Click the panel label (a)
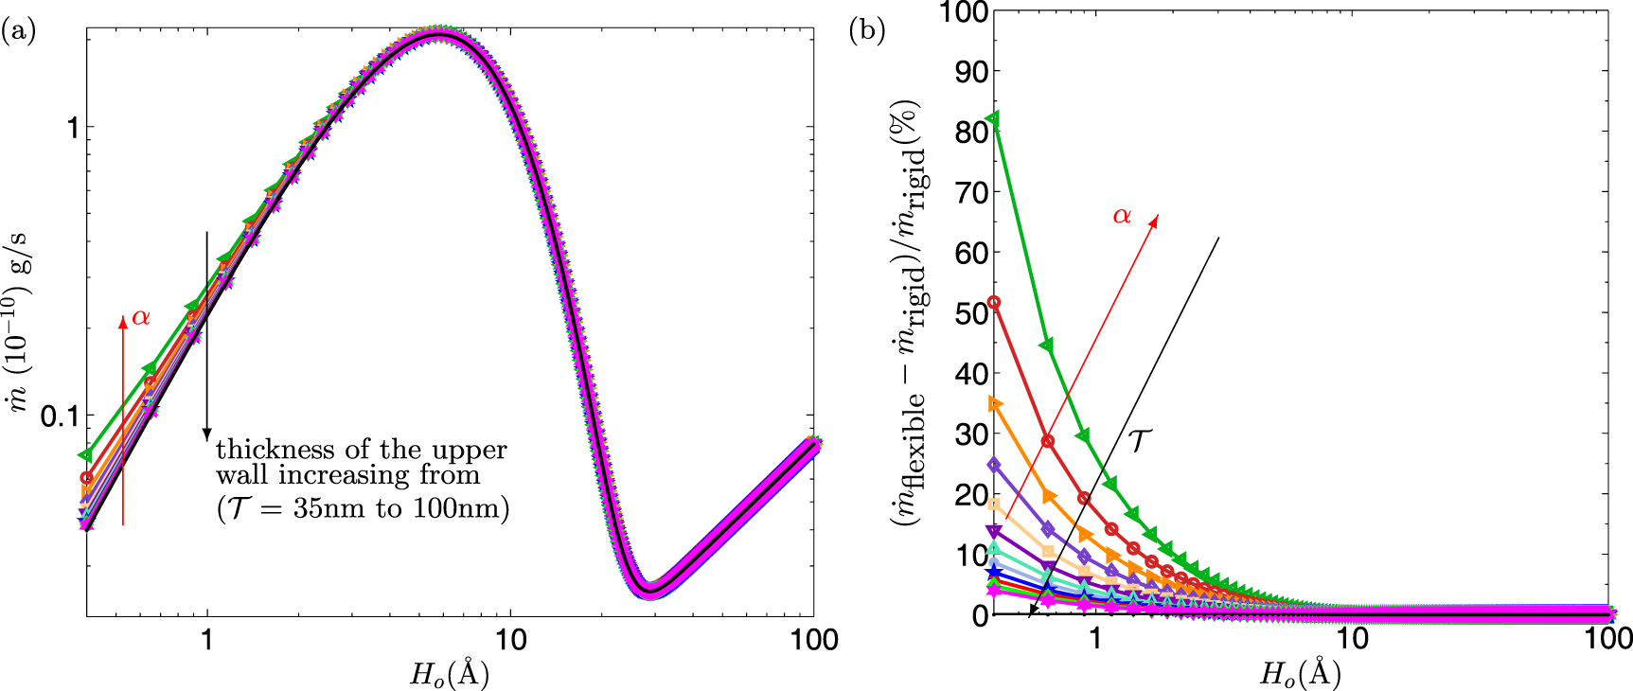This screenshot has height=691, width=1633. [18, 31]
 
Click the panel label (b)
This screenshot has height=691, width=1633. [866, 31]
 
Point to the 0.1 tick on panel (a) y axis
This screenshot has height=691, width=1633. [59, 416]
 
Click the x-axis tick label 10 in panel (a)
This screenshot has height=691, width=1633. [510, 639]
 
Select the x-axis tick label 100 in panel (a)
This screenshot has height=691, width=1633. [813, 639]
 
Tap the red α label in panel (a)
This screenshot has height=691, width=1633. [141, 317]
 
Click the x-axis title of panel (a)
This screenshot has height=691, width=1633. [449, 674]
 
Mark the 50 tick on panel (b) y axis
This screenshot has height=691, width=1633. [968, 313]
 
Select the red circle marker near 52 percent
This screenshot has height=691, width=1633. [993, 303]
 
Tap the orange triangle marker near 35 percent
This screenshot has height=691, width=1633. [994, 404]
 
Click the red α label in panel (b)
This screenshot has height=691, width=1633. [1122, 216]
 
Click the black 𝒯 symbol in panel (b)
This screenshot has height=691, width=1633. [1140, 439]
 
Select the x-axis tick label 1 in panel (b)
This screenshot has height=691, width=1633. [1095, 639]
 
